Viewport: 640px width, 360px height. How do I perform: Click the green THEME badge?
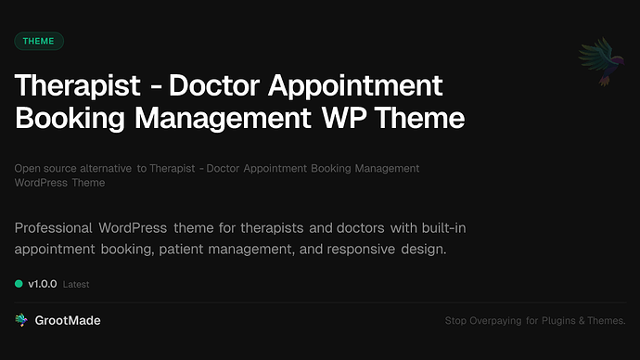pyautogui.click(x=39, y=41)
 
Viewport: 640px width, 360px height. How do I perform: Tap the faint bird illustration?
pyautogui.click(x=598, y=61)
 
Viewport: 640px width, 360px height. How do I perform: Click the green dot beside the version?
pyautogui.click(x=19, y=283)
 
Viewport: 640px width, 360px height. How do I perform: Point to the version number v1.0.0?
pyautogui.click(x=43, y=283)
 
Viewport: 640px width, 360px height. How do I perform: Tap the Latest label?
pyautogui.click(x=76, y=284)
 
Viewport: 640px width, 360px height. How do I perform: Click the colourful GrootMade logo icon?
pyautogui.click(x=21, y=320)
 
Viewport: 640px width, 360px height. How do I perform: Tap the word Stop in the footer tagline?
pyautogui.click(x=457, y=321)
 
